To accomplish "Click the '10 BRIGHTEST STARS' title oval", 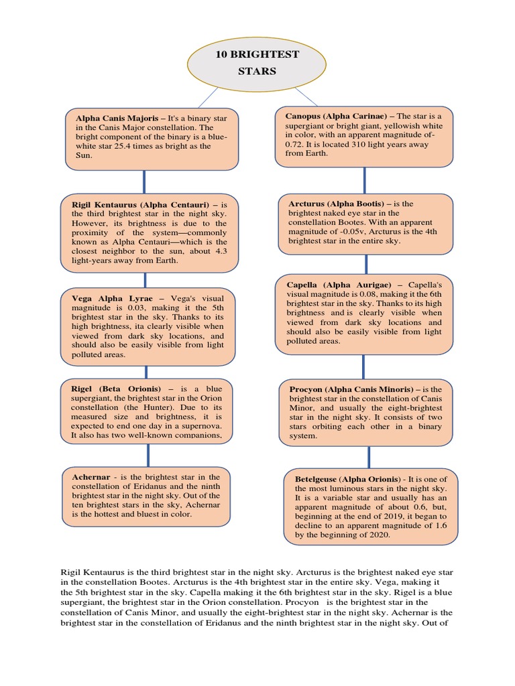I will [257, 62].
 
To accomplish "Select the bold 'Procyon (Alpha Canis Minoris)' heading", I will [355, 389].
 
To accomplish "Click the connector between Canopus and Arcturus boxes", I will [364, 180].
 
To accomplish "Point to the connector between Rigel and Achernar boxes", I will [148, 455].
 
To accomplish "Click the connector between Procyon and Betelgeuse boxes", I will [368, 457].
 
